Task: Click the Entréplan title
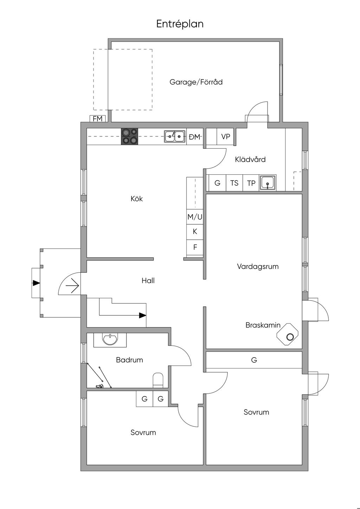point(180,24)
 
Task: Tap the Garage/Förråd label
point(196,82)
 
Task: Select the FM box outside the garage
point(98,118)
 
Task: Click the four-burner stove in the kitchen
point(129,136)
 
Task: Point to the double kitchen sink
point(174,136)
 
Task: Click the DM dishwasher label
point(194,137)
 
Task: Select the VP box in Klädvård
point(225,137)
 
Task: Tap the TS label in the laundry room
point(234,183)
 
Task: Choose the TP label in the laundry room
point(251,183)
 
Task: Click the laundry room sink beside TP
point(268,183)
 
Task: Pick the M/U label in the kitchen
point(195,217)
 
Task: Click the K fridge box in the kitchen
point(195,232)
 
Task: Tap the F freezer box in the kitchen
point(195,247)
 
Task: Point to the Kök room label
point(137,199)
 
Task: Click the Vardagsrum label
point(258,266)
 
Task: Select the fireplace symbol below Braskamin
point(288,334)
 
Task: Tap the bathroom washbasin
point(110,340)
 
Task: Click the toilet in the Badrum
point(158,380)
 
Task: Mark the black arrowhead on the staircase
point(142,315)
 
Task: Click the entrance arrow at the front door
point(72,285)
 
